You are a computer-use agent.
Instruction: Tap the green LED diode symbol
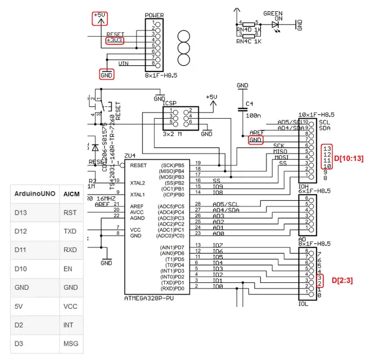click(x=275, y=24)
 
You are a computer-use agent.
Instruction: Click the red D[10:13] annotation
click(x=349, y=159)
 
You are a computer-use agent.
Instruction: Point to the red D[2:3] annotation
click(x=342, y=280)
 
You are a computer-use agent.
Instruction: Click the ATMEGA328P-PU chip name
click(x=149, y=298)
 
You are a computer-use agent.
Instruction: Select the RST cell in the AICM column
click(x=70, y=213)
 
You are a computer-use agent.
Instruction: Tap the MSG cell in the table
click(x=71, y=343)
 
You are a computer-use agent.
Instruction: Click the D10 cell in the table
click(x=21, y=269)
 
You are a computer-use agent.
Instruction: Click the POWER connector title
click(x=154, y=15)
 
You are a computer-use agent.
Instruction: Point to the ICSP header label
click(x=170, y=103)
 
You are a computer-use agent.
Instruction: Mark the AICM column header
click(x=71, y=194)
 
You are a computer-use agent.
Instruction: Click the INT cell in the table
click(x=69, y=325)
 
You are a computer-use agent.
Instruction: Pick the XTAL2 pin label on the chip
click(x=138, y=183)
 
